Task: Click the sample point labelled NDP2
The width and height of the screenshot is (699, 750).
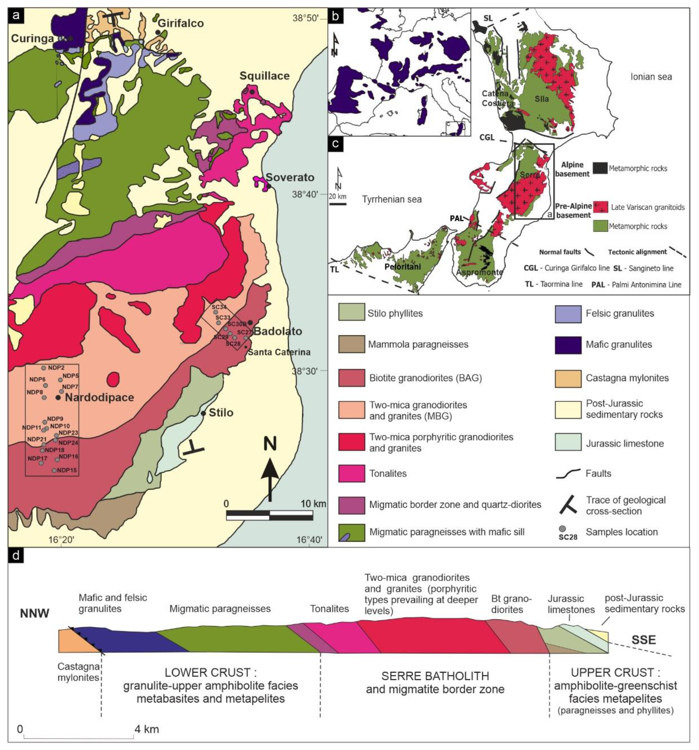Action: click(x=43, y=368)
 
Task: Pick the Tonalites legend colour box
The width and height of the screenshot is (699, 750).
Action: click(x=351, y=474)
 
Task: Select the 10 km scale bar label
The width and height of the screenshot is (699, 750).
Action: click(x=313, y=504)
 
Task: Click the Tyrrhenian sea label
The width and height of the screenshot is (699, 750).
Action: click(x=392, y=199)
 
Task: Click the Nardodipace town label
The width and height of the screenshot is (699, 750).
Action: click(x=99, y=397)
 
